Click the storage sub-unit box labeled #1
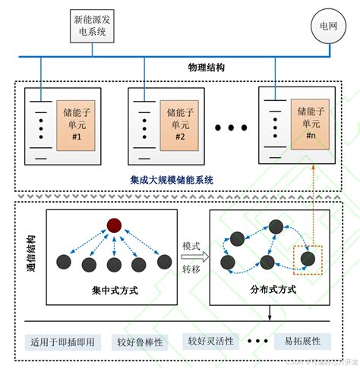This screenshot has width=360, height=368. pyautogui.click(x=75, y=124)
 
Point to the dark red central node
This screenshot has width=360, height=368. pyautogui.click(x=114, y=225)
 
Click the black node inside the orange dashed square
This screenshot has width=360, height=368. pyautogui.click(x=308, y=258)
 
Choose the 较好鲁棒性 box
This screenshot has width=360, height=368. pyautogui.click(x=137, y=341)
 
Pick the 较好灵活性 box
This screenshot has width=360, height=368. pyautogui.click(x=210, y=341)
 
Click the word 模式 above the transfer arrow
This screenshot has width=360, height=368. pyautogui.click(x=191, y=247)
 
